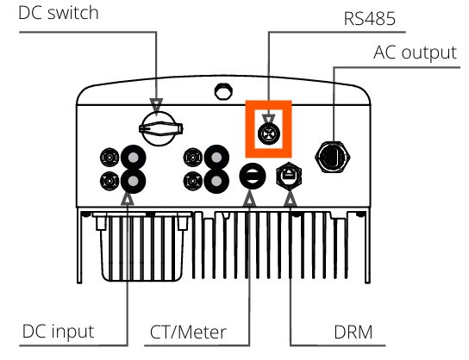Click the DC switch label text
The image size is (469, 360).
pyautogui.click(x=59, y=13)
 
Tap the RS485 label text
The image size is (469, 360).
pyautogui.click(x=370, y=19)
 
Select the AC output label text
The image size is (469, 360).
pyautogui.click(x=416, y=53)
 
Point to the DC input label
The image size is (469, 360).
pyautogui.click(x=59, y=332)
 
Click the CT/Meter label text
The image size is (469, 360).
pyautogui.click(x=188, y=332)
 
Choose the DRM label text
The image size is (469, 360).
pyautogui.click(x=353, y=332)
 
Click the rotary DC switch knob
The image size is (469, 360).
pyautogui.click(x=160, y=129)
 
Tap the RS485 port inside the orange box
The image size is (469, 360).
pyautogui.click(x=269, y=133)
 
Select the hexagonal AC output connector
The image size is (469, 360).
pyautogui.click(x=333, y=157)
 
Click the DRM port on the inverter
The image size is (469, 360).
pyautogui.click(x=289, y=177)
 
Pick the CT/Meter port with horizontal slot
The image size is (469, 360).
pyautogui.click(x=253, y=176)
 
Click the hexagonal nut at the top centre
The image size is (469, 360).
pyautogui.click(x=224, y=91)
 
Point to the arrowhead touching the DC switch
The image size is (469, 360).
pyautogui.click(x=156, y=104)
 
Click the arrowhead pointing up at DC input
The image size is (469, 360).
pyautogui.click(x=128, y=199)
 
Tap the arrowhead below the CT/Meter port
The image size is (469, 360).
pyautogui.click(x=249, y=199)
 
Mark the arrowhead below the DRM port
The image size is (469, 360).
pyautogui.click(x=291, y=199)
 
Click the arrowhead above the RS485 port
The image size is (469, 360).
pyautogui.click(x=269, y=120)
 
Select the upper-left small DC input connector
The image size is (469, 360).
pyautogui.click(x=109, y=157)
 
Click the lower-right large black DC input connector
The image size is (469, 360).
pyautogui.click(x=216, y=181)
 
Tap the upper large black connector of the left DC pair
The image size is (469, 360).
pyautogui.click(x=133, y=158)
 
